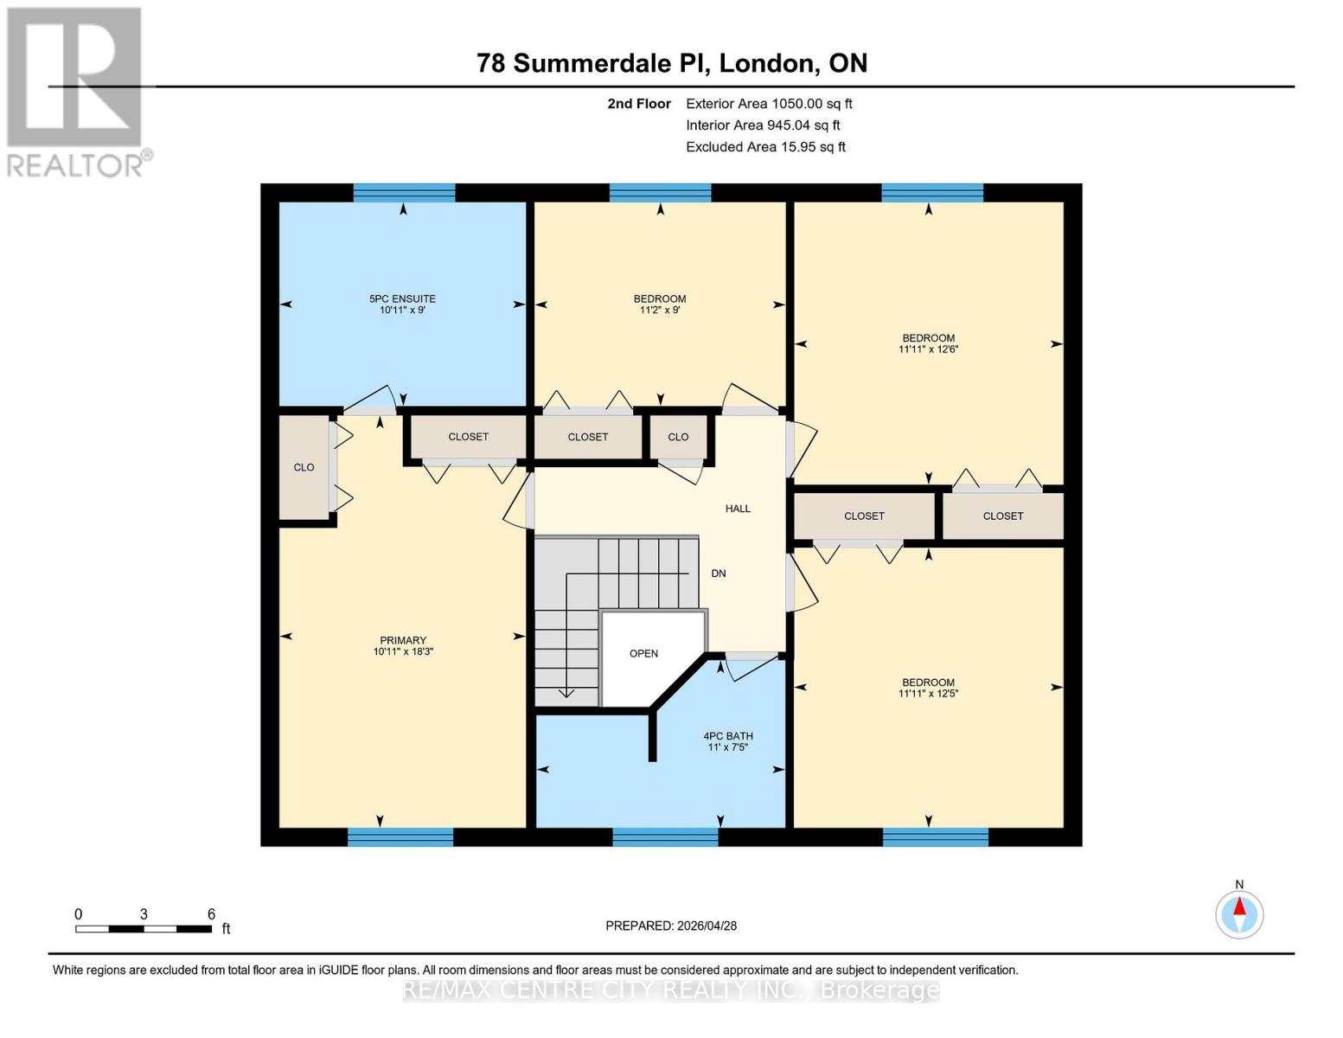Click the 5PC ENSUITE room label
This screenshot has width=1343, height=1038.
402,298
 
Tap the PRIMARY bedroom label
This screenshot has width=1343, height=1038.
403,641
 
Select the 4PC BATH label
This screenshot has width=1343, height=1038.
727,736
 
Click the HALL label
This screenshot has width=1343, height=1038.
738,509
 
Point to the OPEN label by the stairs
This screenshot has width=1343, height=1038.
643,653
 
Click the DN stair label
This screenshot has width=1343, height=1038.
718,573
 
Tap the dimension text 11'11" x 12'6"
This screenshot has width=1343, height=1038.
928,349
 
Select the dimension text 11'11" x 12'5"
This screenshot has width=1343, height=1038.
928,694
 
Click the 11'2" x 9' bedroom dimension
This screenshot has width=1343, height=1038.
660,310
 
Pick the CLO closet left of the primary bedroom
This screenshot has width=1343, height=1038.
304,467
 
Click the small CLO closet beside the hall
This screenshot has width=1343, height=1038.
678,437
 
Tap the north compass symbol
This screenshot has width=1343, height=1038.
1239,913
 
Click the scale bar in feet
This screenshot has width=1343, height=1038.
144,929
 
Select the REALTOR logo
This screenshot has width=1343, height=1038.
76,91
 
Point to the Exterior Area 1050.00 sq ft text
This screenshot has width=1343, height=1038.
769,104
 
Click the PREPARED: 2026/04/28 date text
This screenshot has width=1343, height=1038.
671,926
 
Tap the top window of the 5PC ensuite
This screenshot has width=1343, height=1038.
404,192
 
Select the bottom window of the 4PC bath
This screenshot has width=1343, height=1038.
665,836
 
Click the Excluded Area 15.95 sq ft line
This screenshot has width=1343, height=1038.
765,147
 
